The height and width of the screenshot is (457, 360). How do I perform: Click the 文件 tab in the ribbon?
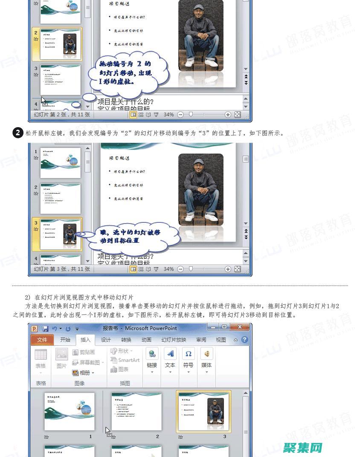coord(42,340)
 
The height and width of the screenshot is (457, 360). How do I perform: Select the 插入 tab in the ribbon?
coord(85,340)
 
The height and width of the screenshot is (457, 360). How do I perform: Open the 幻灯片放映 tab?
coord(174,340)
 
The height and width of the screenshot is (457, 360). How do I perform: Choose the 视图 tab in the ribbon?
coord(221,340)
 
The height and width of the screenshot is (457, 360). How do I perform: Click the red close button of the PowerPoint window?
coord(241,327)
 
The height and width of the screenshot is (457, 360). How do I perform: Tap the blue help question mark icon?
coord(244,340)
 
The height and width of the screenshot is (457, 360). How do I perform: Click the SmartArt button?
coord(125,360)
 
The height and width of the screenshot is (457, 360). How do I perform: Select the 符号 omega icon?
coord(188,354)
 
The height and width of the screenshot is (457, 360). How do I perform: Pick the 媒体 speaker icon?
coord(206,354)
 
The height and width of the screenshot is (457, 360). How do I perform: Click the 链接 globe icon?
coord(152,354)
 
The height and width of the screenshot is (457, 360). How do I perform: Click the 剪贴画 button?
coord(84,352)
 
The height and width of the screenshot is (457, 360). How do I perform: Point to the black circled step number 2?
coord(17,133)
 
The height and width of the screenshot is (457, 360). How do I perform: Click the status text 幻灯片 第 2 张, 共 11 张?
coord(62,114)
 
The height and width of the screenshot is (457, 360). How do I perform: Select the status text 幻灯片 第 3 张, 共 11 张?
coord(62,269)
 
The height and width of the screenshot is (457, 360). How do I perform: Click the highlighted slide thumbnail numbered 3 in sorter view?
coord(203,411)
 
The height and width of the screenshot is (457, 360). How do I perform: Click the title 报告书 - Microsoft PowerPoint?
coord(139,328)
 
